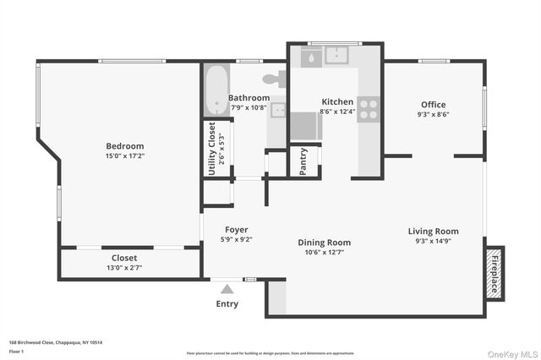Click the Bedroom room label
[x=124, y=146]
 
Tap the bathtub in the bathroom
[x=214, y=90]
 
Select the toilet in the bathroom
[x=273, y=80]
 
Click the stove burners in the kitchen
[x=369, y=109]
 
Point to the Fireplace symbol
[x=494, y=273]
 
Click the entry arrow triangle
[x=227, y=289]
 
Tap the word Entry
[x=227, y=303]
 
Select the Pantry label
[x=303, y=162]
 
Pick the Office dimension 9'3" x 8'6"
[x=433, y=114]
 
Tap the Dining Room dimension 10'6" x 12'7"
[x=324, y=252]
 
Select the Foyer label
[x=236, y=230]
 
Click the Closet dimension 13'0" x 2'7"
[x=124, y=268]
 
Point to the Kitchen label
[x=336, y=101]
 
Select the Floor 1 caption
[x=16, y=350]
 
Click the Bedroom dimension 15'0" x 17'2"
[x=124, y=155]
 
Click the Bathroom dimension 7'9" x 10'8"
[x=249, y=107]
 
